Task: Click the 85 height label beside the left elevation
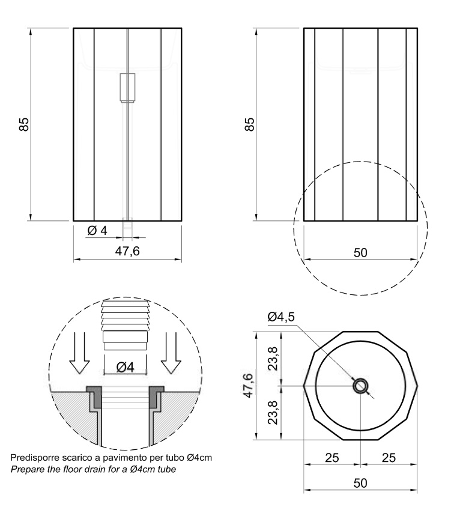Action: click(24, 124)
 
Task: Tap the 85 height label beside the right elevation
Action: click(250, 124)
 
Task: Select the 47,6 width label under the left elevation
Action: click(127, 251)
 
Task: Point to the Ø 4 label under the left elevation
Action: click(97, 231)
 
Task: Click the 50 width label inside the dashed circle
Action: click(360, 253)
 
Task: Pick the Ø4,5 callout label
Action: click(281, 317)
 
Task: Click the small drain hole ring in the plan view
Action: click(360, 386)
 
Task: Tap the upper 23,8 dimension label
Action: click(273, 359)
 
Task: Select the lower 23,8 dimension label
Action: click(273, 412)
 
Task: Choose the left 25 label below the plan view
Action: click(332, 458)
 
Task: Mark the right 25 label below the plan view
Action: click(389, 458)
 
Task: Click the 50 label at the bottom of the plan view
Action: click(360, 483)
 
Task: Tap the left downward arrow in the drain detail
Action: click(79, 353)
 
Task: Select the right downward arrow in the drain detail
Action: click(171, 353)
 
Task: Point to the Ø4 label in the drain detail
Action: click(126, 367)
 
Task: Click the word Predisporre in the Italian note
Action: click(30, 458)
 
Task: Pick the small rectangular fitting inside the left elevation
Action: click(127, 88)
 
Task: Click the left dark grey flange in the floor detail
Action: click(95, 396)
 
